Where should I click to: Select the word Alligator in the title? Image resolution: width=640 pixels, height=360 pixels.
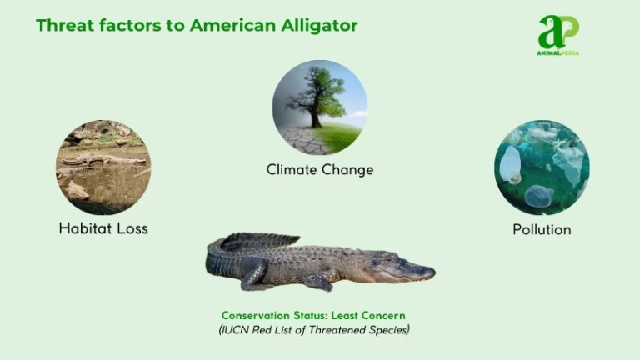tap(322, 26)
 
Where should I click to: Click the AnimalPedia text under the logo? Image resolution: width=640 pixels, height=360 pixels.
tap(558, 52)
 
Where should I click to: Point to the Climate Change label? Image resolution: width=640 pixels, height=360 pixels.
tap(319, 169)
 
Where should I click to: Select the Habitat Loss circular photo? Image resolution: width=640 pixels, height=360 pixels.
tap(103, 167)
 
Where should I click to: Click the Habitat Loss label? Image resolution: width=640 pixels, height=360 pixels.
tap(103, 227)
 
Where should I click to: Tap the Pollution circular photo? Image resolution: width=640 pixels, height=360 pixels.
tap(542, 167)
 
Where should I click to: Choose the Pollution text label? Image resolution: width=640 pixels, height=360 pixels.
tap(542, 228)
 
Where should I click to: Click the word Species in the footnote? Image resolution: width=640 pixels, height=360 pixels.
tap(385, 330)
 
